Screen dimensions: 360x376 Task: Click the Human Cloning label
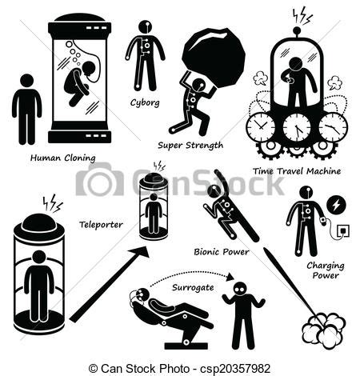[x=62, y=158]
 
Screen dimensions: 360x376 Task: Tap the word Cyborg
[x=145, y=102]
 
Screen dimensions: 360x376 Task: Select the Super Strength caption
[x=190, y=146]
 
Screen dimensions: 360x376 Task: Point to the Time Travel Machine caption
[x=297, y=171]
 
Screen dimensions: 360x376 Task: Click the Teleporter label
[x=101, y=225]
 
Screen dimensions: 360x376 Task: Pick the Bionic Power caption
[x=222, y=252]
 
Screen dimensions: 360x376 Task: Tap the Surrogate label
[x=193, y=287]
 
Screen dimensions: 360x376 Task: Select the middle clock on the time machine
[x=297, y=126]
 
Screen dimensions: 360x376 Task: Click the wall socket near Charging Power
[x=343, y=230]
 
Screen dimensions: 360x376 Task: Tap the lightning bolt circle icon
[x=337, y=205]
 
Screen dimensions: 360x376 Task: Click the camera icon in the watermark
[x=99, y=179]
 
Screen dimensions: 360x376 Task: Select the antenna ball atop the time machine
[x=297, y=30]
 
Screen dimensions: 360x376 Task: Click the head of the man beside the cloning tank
[x=27, y=81]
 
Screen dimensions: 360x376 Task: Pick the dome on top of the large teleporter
[x=39, y=223]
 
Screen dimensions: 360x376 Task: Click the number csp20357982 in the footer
[x=235, y=368]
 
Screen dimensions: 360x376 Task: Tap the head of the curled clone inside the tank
[x=89, y=68]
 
